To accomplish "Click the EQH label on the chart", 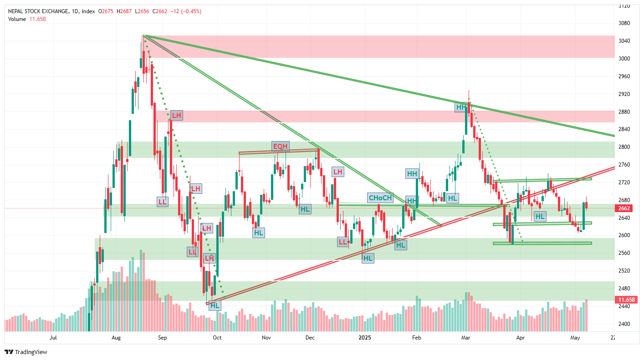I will (280, 146).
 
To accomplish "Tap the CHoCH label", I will (380, 198).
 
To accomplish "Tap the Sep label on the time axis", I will (163, 338).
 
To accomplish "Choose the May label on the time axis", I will (575, 338).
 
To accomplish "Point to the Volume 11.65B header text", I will (27, 19).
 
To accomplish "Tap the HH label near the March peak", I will (461, 107).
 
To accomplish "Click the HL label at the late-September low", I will (215, 305).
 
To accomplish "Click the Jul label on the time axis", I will (53, 338).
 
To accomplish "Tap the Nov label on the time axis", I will (266, 338).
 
